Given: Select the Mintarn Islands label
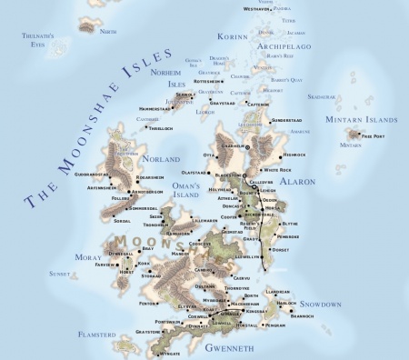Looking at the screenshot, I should coord(361,120).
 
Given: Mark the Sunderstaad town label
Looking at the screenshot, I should coord(285,119).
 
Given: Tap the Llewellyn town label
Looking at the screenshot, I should coord(249,256).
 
